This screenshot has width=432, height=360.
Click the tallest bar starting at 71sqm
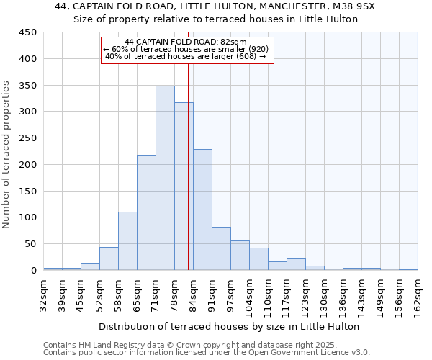click(165, 178)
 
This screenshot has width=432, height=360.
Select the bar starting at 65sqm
click(146, 212)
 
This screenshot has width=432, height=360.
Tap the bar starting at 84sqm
click(202, 210)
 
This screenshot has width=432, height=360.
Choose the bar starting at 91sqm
click(221, 248)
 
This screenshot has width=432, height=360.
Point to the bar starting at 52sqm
click(109, 258)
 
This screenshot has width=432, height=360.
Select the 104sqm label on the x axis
click(249, 294)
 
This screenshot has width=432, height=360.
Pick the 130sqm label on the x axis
click(324, 294)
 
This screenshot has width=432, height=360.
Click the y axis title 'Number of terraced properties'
click(6, 155)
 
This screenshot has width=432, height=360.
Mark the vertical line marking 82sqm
click(188, 180)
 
